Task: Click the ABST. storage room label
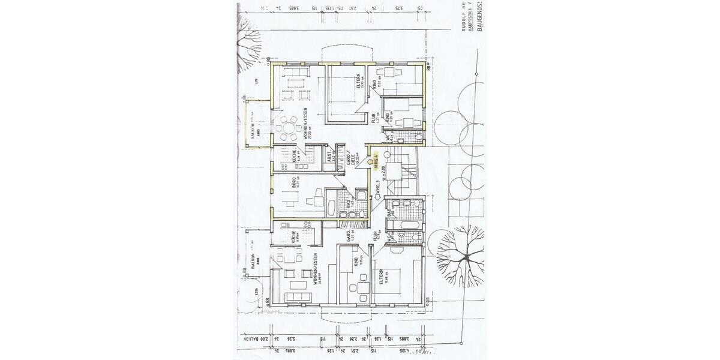[x=329, y=157]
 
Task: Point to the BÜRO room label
[x=294, y=184]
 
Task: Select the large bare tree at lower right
[x=460, y=255]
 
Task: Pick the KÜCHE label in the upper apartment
[x=294, y=156]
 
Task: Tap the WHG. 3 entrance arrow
[x=377, y=204]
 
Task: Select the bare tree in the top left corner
[x=247, y=42]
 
